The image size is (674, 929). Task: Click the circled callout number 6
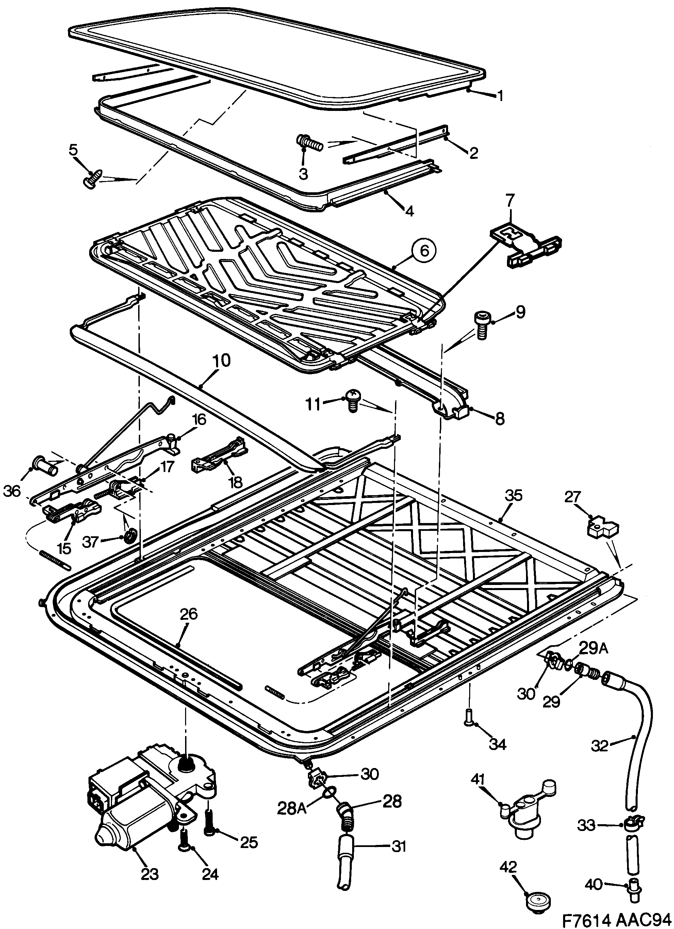(x=424, y=250)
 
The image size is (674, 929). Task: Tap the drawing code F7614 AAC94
(x=618, y=919)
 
